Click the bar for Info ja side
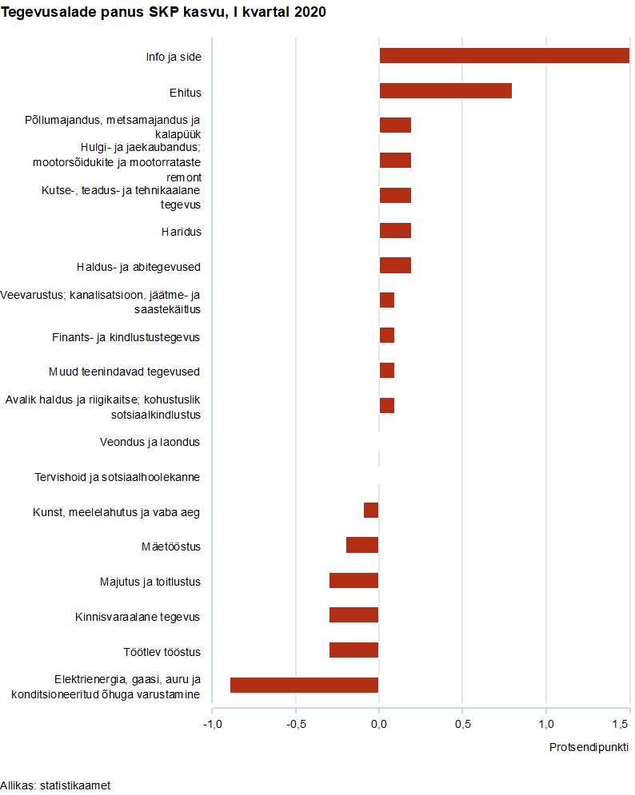tap(504, 56)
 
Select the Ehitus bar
tap(445, 90)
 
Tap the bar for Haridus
tap(395, 231)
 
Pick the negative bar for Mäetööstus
tap(362, 545)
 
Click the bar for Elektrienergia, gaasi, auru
tap(304, 685)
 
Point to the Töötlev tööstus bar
tap(353, 650)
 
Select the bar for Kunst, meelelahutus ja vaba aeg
tap(371, 510)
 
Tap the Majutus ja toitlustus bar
tap(353, 580)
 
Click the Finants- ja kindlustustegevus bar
tap(387, 336)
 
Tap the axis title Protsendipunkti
tap(589, 747)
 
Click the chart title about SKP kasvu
tap(163, 12)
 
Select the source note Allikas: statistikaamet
tap(55, 785)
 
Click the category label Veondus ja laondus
tap(150, 442)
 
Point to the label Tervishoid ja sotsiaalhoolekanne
tap(117, 477)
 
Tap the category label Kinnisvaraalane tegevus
tap(137, 617)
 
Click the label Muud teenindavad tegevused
tap(124, 372)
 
